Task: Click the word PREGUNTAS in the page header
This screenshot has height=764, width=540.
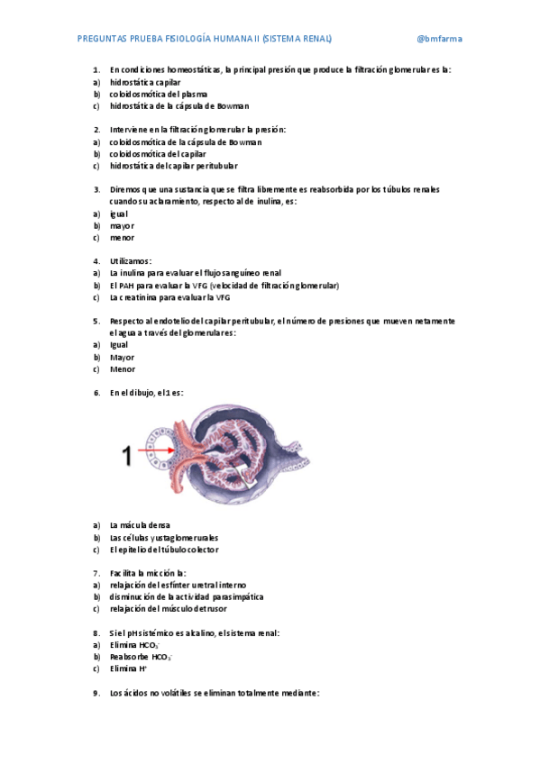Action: [x=101, y=39]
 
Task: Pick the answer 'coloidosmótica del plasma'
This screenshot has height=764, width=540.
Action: [x=158, y=94]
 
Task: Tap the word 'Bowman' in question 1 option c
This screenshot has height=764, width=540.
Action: [x=232, y=106]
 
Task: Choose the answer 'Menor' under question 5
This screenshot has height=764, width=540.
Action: [x=123, y=369]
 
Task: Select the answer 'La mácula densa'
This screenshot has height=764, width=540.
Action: [x=140, y=525]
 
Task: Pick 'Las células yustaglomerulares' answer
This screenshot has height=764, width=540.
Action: [x=163, y=538]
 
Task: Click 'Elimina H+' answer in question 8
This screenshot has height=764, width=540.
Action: [x=129, y=669]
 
